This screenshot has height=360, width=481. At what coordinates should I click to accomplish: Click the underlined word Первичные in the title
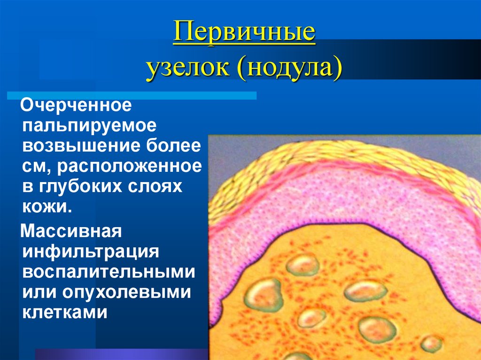244,34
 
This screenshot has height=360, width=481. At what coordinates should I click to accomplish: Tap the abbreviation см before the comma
32,166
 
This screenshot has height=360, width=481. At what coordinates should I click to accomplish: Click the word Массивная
71,231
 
